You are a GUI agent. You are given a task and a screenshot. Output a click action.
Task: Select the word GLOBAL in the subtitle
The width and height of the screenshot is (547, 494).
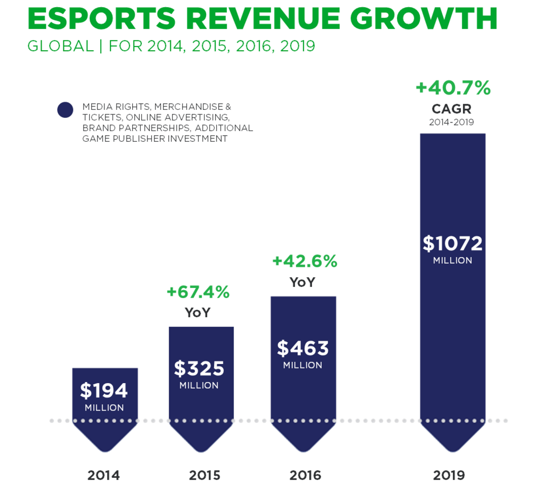pos(60,46)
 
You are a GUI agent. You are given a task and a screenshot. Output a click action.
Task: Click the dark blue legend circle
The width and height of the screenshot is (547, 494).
pos(65,109)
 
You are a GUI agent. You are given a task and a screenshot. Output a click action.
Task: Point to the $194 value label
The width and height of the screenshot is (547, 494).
pos(104,390)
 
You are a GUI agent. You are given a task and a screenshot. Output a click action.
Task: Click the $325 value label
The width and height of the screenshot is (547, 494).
pos(199,368)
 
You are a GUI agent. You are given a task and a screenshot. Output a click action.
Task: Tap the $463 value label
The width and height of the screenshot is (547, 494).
pos(303,348)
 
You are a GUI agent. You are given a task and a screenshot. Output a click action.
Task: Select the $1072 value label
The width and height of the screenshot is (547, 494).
pos(453,243)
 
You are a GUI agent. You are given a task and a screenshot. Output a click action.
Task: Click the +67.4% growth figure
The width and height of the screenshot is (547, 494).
pos(198,292)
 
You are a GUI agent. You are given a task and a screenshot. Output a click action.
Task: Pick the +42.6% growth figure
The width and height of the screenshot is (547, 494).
pos(304,261)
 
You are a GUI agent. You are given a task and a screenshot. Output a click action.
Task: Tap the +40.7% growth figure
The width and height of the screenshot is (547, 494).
pos(453,88)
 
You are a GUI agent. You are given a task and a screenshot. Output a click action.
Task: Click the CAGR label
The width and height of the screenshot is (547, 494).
pos(451,109)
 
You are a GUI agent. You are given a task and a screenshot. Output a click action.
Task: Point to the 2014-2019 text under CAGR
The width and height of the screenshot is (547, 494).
pos(451,122)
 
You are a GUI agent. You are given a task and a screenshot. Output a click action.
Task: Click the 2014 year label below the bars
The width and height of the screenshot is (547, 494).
pos(103,475)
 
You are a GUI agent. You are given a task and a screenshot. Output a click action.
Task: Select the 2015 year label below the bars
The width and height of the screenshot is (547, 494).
pos(205,475)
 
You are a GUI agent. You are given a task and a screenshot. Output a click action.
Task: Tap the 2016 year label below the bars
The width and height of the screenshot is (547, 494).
pos(305,475)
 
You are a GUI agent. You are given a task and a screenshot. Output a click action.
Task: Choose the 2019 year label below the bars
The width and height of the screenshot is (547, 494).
pos(449,475)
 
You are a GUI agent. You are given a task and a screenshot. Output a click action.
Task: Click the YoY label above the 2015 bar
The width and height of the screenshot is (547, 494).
pos(198,313)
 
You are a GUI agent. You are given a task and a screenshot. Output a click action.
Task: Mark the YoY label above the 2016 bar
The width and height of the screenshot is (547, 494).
pos(302,282)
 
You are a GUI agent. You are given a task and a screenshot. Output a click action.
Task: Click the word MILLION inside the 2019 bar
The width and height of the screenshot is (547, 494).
pos(452,261)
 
